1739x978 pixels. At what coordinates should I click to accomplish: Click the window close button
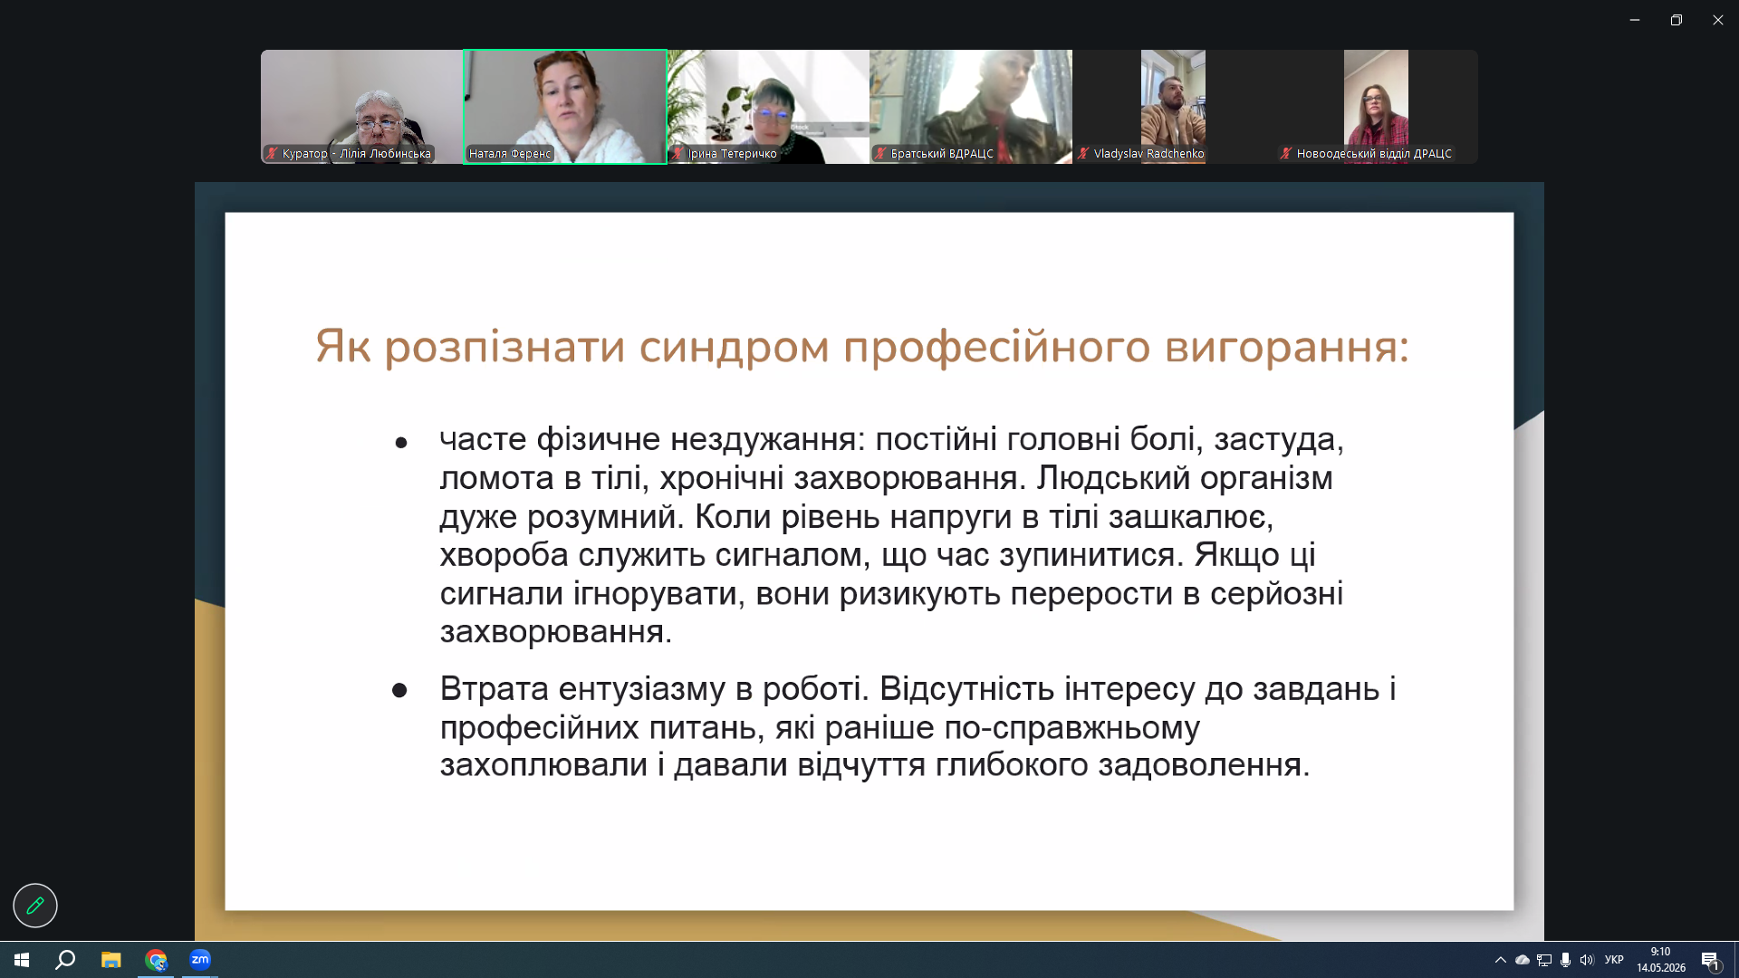[x=1717, y=20]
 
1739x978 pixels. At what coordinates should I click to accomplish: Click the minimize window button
[x=1635, y=20]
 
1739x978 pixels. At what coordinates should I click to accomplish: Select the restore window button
[x=1677, y=20]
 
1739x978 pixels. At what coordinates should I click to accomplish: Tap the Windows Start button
[x=22, y=960]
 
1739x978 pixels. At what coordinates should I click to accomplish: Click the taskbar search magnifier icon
[x=65, y=960]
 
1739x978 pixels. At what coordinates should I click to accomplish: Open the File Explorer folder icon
[x=110, y=960]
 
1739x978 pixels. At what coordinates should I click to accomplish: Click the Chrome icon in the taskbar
[x=156, y=960]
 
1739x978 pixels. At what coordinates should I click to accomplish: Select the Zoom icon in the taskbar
[x=200, y=960]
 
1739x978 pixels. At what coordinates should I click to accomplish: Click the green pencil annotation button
[x=35, y=906]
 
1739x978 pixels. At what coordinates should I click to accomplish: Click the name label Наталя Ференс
[x=510, y=154]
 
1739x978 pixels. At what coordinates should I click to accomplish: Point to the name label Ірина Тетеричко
[x=732, y=154]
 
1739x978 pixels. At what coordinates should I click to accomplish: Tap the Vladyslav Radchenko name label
[x=1148, y=154]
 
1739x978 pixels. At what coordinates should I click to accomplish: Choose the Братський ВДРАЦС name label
[x=942, y=154]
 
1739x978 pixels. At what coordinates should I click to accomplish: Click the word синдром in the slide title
[x=734, y=348]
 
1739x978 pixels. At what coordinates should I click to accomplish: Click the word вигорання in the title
[x=1286, y=348]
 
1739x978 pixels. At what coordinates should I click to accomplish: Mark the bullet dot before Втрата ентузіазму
[x=399, y=691]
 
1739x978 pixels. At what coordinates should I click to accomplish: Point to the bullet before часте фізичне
[x=401, y=443]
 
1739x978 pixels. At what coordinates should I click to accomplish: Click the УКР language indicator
[x=1614, y=960]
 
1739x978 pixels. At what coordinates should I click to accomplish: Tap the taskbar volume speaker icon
[x=1587, y=960]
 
